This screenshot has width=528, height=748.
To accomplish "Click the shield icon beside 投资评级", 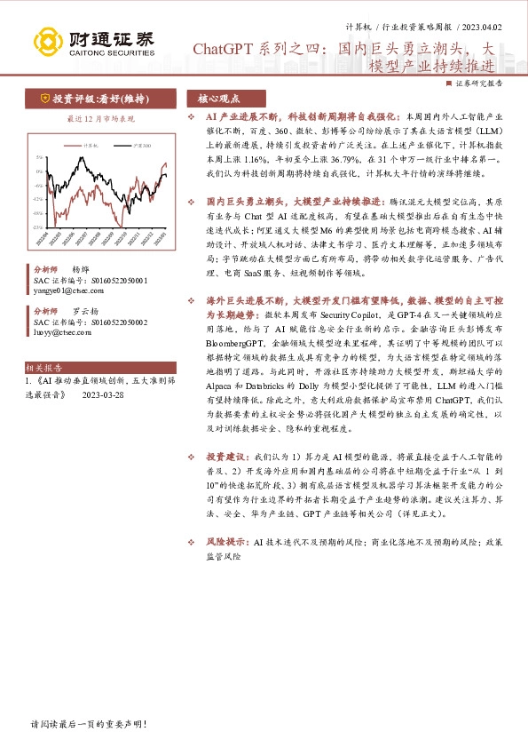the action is point(43,99).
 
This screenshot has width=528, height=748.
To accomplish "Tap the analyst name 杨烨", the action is point(81,269).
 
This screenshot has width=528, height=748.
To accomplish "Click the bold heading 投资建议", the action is point(224,457).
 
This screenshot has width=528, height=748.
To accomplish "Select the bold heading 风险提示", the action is point(224,540).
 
